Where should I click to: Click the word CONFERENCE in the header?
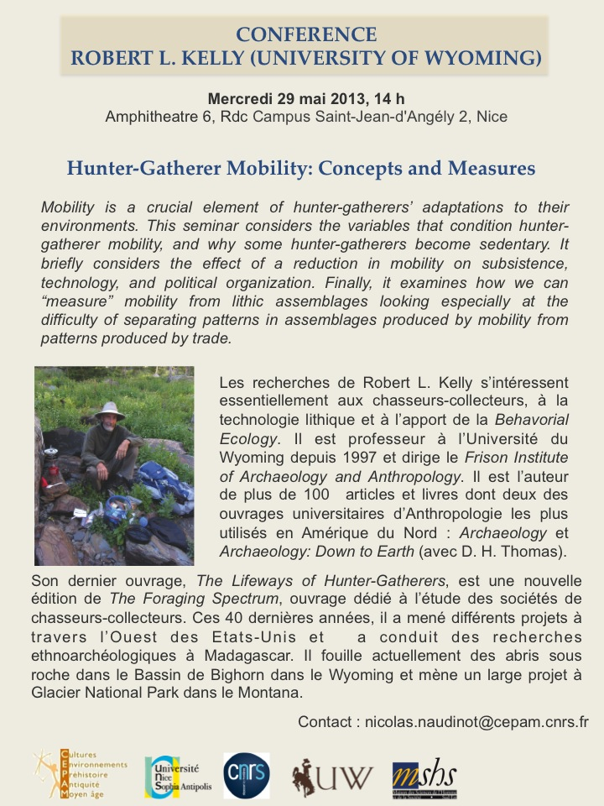pyautogui.click(x=306, y=34)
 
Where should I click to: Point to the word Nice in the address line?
pyautogui.click(x=492, y=117)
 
